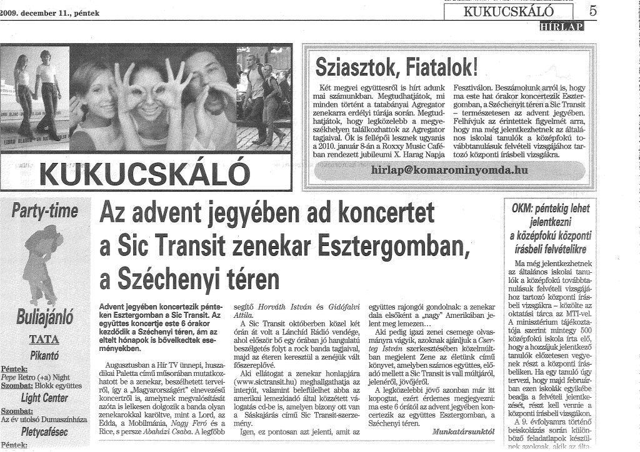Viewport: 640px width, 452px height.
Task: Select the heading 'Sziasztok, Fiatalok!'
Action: tap(397, 64)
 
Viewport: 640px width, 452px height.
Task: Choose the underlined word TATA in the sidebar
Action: tap(44, 340)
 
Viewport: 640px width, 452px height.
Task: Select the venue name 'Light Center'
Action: tap(44, 398)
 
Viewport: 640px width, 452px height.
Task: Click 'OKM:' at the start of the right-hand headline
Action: tap(524, 209)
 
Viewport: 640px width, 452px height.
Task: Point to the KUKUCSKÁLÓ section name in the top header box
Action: tap(508, 11)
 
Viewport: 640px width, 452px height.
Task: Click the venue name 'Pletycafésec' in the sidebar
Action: tap(44, 431)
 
